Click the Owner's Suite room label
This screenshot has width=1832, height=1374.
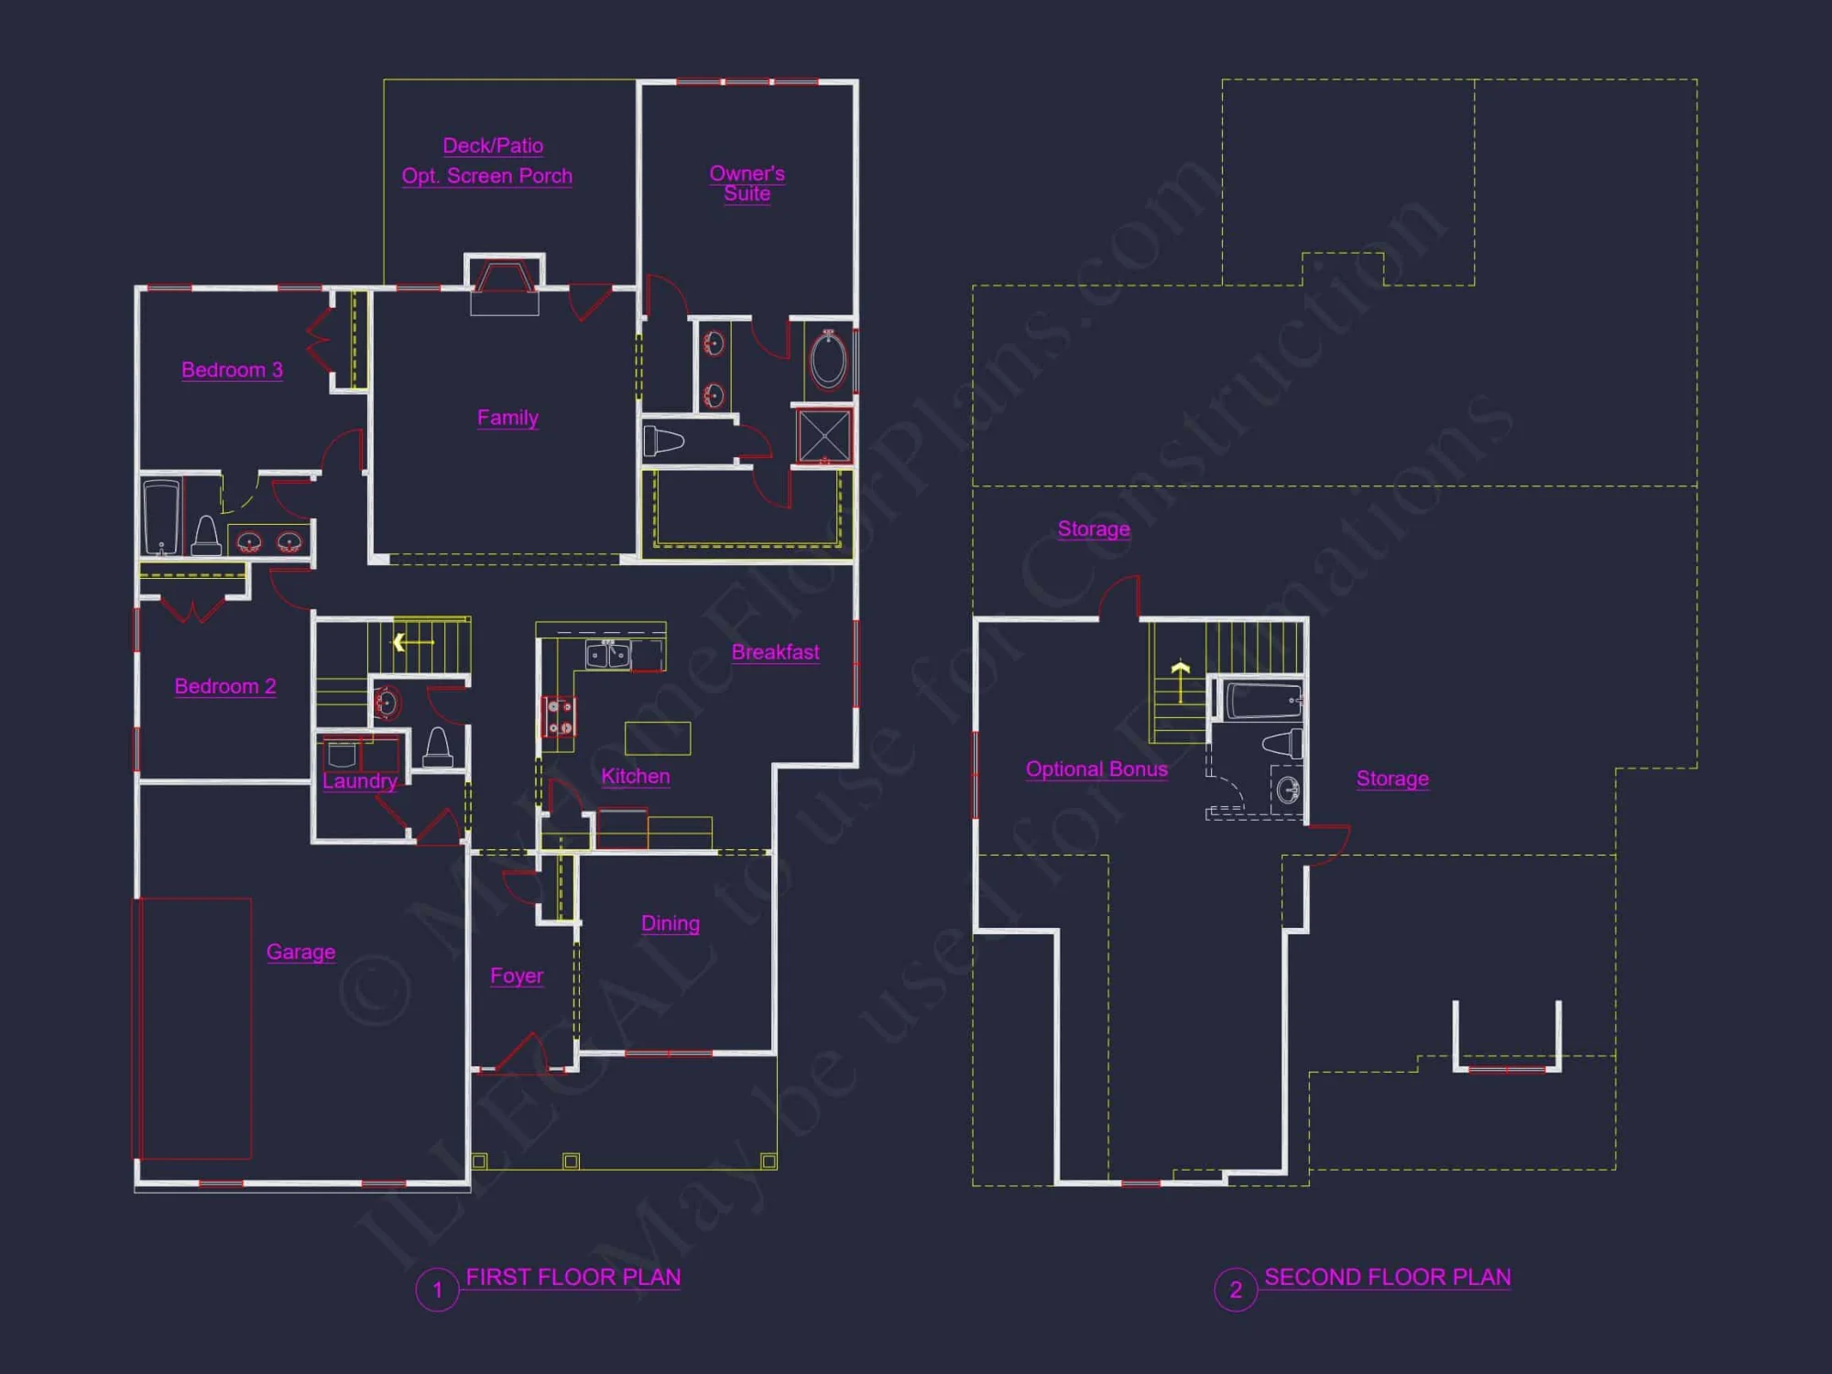coord(747,183)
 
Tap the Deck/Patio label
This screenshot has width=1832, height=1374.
coord(493,146)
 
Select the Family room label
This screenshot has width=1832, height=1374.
coord(507,418)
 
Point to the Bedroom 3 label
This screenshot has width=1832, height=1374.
coord(232,370)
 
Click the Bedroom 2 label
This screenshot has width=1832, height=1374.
coord(225,686)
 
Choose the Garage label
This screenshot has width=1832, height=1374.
coord(300,952)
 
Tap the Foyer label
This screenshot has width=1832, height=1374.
coord(517,976)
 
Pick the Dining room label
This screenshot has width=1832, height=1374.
coord(671,923)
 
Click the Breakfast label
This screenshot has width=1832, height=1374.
coord(775,652)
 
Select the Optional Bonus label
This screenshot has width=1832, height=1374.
coord(1096,769)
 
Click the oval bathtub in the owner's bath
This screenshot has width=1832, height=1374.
coord(828,360)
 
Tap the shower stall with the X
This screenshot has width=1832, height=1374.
coord(823,436)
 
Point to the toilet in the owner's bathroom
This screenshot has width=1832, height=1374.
coord(663,442)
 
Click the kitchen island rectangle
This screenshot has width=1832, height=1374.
coord(658,738)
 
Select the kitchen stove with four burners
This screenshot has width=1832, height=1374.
coord(559,716)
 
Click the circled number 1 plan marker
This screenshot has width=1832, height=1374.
coord(437,1290)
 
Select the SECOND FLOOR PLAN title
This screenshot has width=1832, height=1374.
coord(1387,1277)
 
